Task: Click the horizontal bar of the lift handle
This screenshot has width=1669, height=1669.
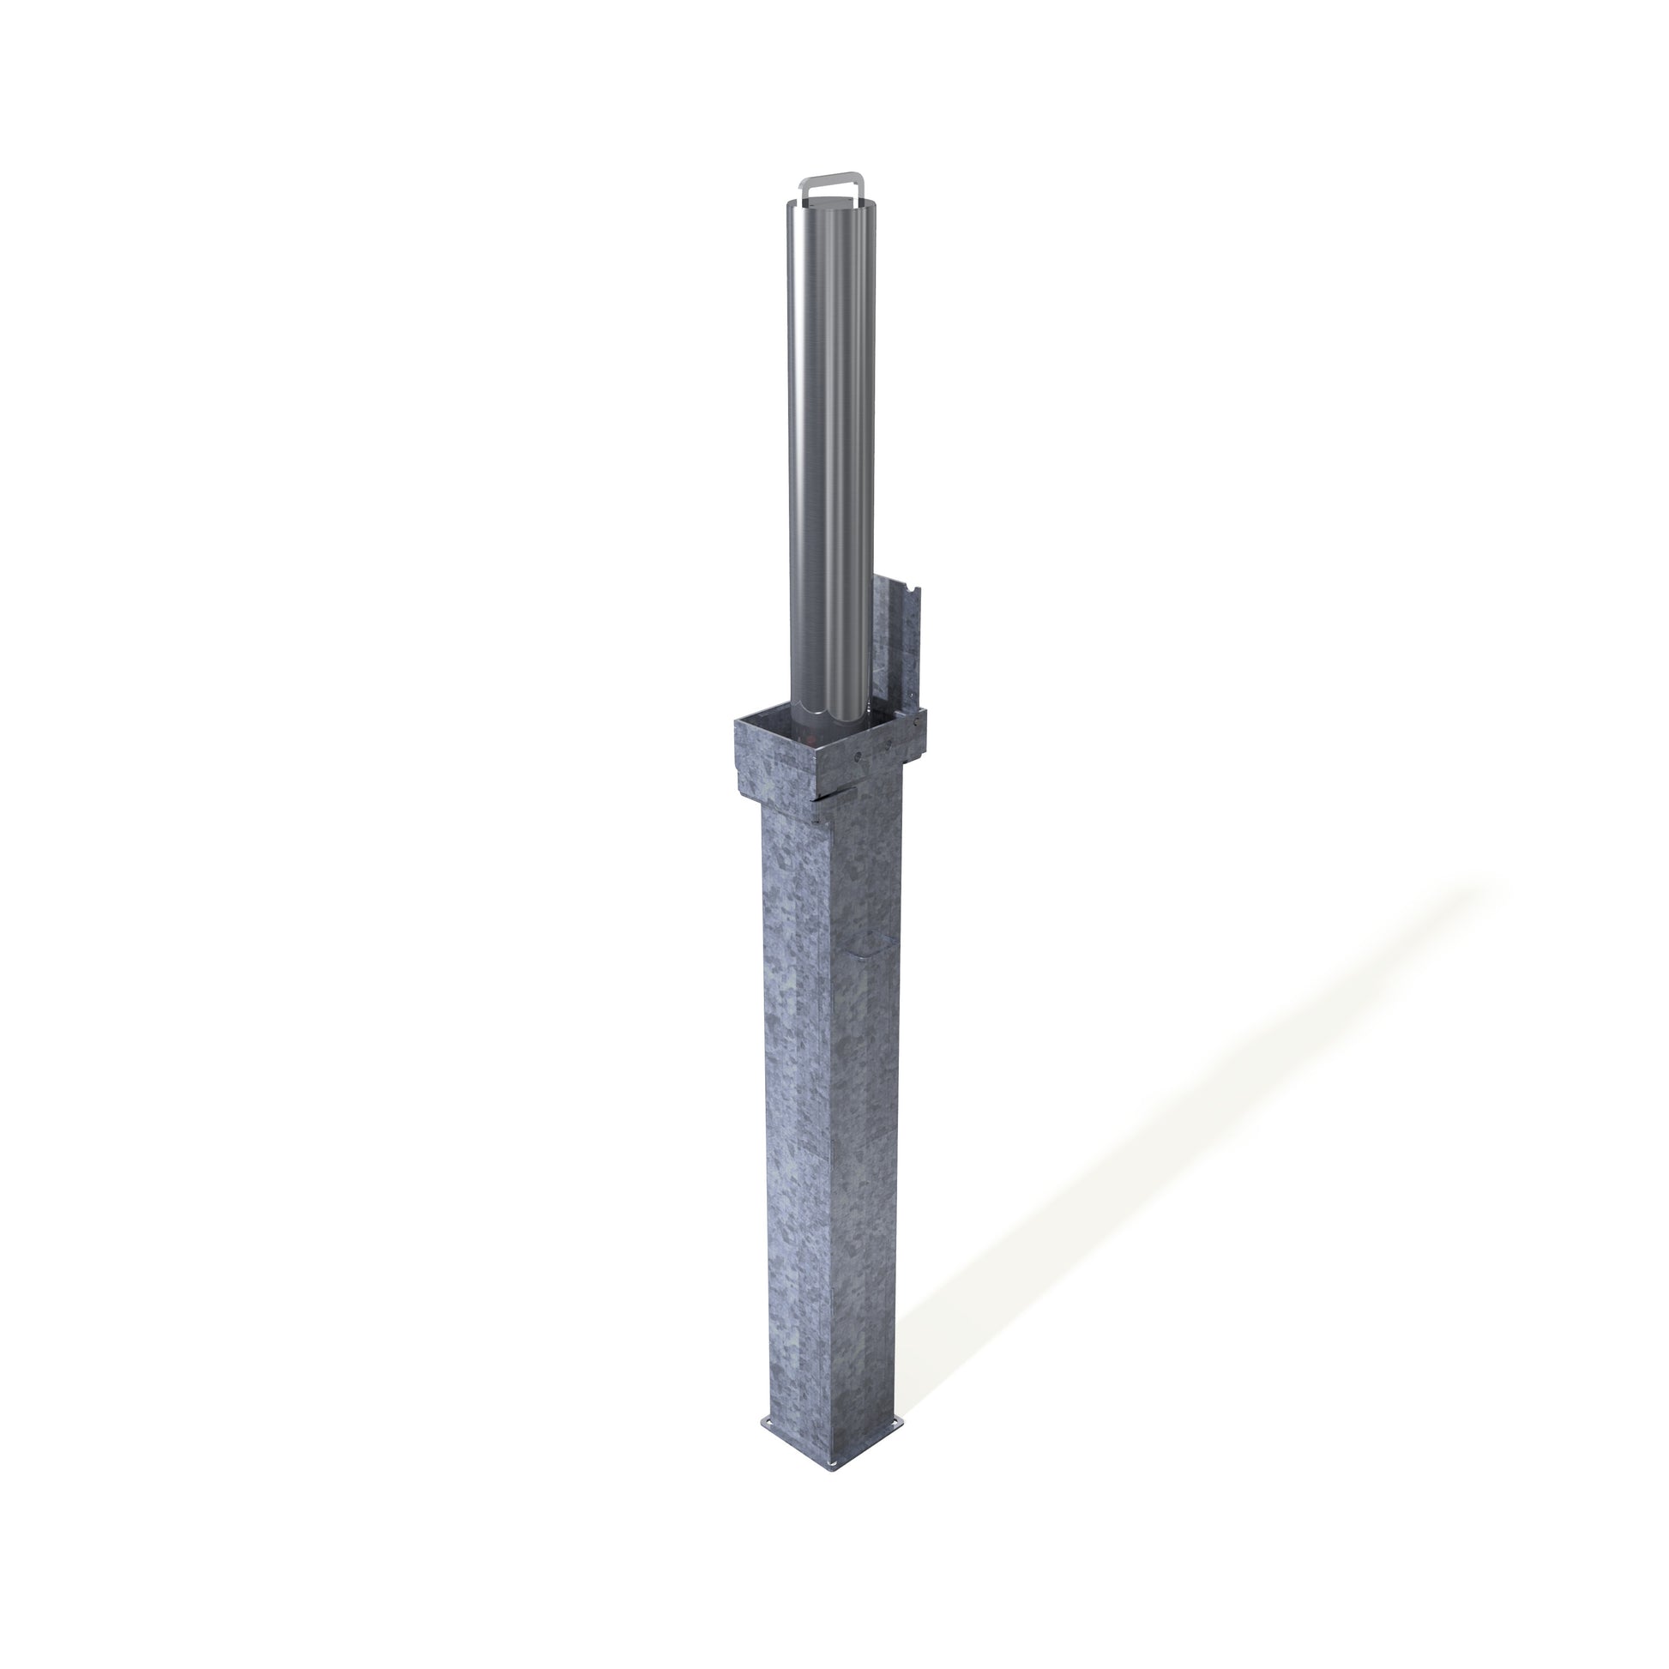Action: click(832, 177)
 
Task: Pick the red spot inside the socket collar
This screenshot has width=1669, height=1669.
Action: click(811, 739)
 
